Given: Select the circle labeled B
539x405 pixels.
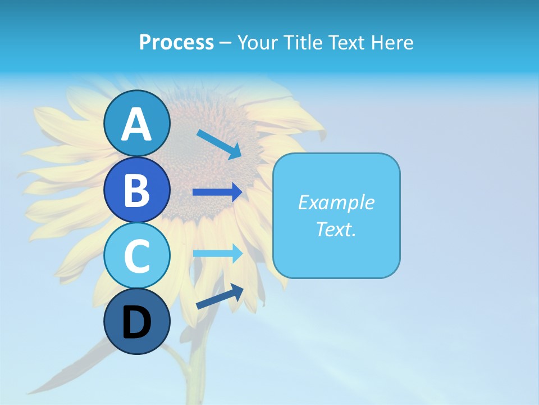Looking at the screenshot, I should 136,190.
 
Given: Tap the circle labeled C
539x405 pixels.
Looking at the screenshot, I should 136,255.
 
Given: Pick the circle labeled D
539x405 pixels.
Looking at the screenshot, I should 136,321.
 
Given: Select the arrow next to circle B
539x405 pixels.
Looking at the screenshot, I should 217,192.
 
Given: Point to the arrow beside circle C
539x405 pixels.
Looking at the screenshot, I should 218,253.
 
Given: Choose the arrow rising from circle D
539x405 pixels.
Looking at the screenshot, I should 220,296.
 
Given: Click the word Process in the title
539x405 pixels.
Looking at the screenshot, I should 176,42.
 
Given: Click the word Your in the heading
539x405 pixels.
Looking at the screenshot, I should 258,42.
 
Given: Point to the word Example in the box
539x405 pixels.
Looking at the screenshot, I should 336,202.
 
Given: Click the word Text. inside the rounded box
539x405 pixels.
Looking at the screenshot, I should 336,229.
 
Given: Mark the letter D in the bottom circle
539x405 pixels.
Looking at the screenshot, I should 136,323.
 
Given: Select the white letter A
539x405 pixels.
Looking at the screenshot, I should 136,125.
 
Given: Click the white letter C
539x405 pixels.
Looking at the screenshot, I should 136,256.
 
